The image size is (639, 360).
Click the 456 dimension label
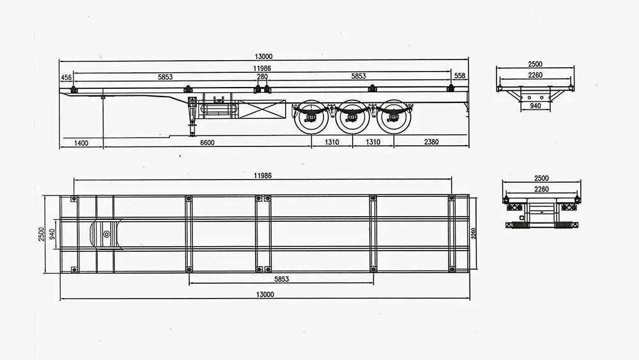[66, 77]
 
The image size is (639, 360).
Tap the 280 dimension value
[262, 77]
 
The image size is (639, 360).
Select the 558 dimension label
[459, 76]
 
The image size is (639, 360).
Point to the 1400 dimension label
[81, 142]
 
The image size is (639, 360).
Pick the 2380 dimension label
[431, 142]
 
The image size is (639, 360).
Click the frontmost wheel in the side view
[312, 116]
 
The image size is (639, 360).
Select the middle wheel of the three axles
[353, 116]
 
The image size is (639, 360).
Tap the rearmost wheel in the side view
[392, 116]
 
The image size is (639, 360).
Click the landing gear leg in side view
[192, 119]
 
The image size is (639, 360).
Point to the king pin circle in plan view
[106, 233]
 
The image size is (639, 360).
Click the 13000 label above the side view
[263, 56]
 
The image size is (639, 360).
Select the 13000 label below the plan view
[264, 295]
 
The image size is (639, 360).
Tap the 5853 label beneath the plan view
[282, 279]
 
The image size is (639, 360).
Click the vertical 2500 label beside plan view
[42, 235]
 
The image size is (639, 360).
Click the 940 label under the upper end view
[535, 106]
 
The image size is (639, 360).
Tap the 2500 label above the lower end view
[541, 178]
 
